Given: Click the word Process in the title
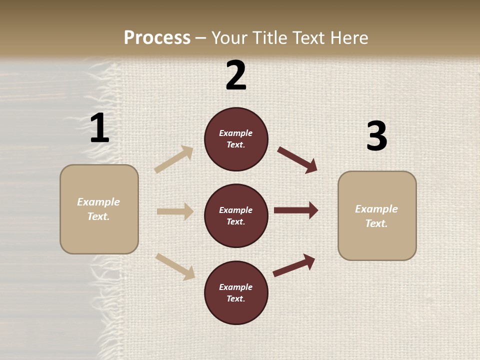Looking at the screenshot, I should coord(157,38).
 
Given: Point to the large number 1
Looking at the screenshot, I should coord(99,128).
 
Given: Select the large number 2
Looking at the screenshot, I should coord(236,75).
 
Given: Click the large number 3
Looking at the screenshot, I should coord(376,136).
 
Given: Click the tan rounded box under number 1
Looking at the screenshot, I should coord(99,209).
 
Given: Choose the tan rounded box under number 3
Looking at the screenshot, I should coord(377,216).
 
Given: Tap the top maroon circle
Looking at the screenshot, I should coord(236,139).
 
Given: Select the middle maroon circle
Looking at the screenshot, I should coord(236,216).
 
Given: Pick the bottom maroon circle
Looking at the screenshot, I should coord(236,293).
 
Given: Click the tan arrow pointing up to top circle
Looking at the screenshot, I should coord(174,159).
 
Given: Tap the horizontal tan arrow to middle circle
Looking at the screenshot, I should coord(175,211).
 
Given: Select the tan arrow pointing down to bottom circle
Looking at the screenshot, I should coord(175,266).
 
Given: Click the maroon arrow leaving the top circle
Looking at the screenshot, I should coord(297,159).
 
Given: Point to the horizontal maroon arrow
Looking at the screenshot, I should coord(296,210).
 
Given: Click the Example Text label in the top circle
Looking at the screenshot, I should coord(236,139).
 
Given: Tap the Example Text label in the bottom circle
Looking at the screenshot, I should coord(236,293).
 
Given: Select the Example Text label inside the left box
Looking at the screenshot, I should coord(99,209).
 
